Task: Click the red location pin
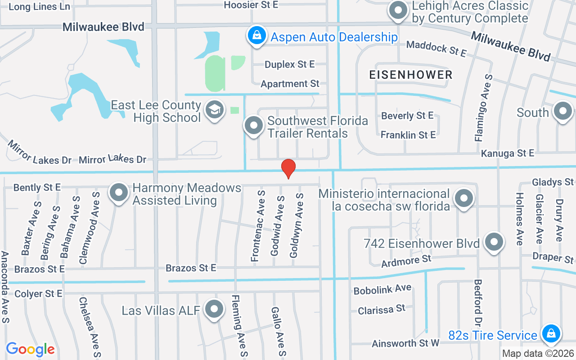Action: (288, 168)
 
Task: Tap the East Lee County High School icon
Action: (215, 110)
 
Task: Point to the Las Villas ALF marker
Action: (214, 310)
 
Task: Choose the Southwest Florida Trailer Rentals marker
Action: (253, 126)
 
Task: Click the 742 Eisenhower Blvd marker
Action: (494, 242)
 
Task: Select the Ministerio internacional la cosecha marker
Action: (463, 198)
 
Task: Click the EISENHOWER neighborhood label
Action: (410, 75)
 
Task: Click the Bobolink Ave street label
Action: (382, 289)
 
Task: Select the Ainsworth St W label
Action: (405, 343)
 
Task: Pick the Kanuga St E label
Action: (507, 153)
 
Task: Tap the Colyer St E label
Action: (38, 294)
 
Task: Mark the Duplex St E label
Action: (289, 64)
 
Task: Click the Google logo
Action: (30, 349)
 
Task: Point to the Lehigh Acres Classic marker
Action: (398, 11)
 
